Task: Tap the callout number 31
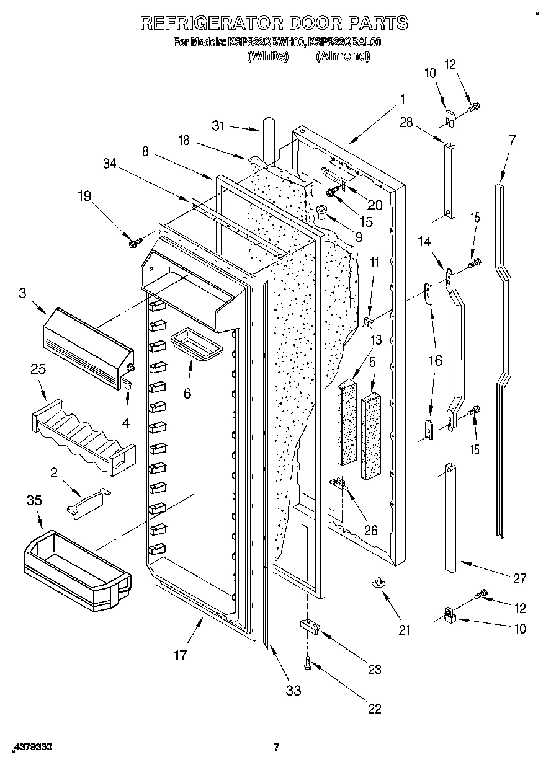[x=218, y=125]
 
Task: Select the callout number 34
[x=110, y=163]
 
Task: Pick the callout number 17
[x=180, y=655]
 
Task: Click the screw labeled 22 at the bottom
[x=307, y=664]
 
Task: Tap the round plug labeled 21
[x=377, y=582]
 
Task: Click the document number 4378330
[x=30, y=748]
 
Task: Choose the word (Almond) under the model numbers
[x=343, y=56]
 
